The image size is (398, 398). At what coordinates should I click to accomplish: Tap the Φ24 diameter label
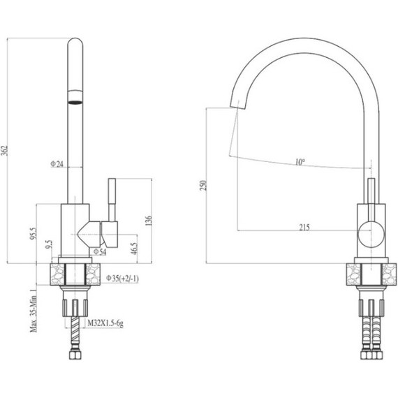[57, 164]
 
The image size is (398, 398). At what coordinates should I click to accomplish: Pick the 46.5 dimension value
[133, 248]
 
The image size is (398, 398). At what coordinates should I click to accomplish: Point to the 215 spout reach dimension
[304, 227]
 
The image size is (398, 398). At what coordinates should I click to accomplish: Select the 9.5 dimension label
[47, 245]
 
